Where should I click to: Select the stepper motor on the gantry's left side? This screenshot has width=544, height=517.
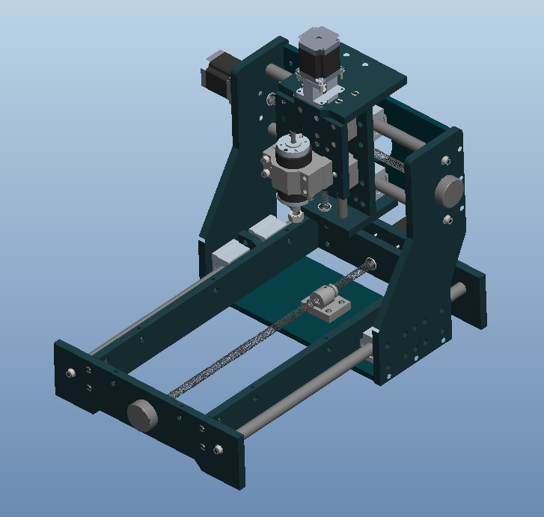coord(217,71)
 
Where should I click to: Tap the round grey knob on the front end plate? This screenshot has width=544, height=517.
coord(143,414)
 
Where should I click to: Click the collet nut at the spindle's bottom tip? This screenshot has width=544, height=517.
coord(296,217)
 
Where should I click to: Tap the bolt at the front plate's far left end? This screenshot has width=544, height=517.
coord(71,373)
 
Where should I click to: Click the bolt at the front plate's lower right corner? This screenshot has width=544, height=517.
coord(218,449)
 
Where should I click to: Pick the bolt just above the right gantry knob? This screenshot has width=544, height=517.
coord(446,160)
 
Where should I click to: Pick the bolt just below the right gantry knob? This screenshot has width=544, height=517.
coord(447,219)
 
